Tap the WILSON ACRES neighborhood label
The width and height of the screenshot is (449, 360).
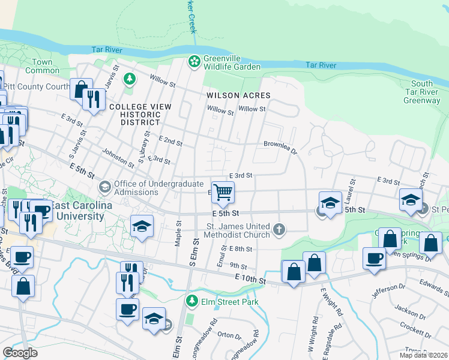238,95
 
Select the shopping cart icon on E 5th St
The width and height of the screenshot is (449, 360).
222,193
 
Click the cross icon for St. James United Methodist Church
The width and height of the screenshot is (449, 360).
279,229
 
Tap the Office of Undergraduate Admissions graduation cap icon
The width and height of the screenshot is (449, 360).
105,188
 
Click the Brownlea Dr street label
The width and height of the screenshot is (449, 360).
280,145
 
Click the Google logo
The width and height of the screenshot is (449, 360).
20,352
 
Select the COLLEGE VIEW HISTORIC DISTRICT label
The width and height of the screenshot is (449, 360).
140,114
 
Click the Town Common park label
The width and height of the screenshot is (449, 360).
43,66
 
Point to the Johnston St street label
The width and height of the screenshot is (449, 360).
118,158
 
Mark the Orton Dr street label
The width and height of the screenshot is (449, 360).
229,335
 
